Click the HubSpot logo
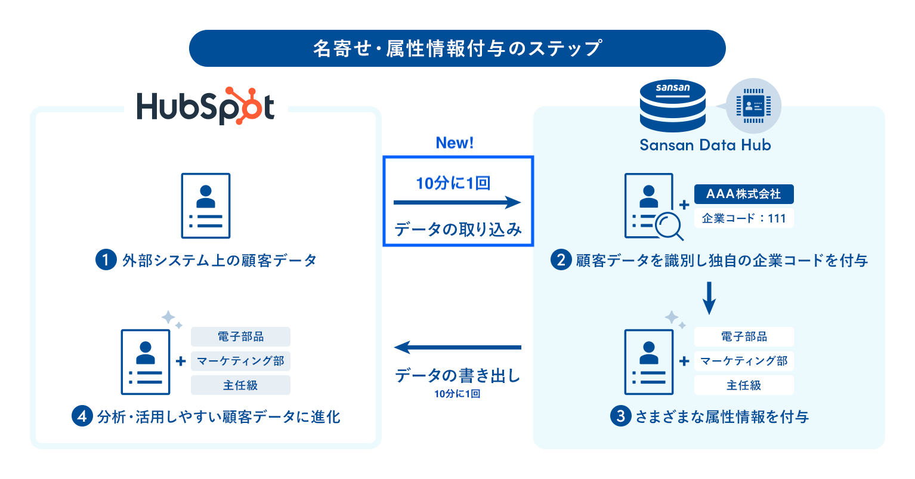tap(205, 107)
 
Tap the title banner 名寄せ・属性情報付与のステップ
tap(457, 48)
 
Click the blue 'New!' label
tap(455, 143)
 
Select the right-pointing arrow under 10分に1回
tap(457, 203)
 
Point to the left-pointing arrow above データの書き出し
tap(457, 347)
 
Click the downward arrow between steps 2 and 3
tap(709, 297)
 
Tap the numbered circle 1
tap(106, 260)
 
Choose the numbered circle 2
tap(561, 260)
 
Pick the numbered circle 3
tap(620, 416)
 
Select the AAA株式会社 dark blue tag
tap(743, 194)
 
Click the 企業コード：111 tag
tap(743, 218)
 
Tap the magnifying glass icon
tap(669, 226)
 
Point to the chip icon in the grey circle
tap(753, 106)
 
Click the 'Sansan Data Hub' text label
tap(705, 145)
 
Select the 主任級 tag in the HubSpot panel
tap(240, 385)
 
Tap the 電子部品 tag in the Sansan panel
tap(744, 336)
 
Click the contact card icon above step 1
tap(206, 206)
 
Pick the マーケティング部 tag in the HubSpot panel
tap(240, 361)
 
